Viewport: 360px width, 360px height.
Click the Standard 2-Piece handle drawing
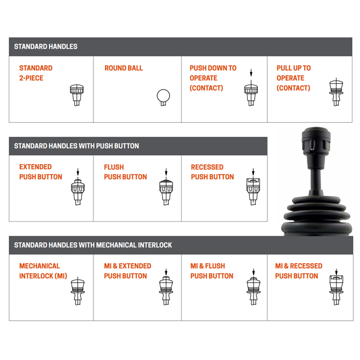pyautogui.click(x=76, y=95)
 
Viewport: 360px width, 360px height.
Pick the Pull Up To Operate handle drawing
pyautogui.click(x=336, y=92)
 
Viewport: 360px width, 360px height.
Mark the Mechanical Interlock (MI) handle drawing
pyautogui.click(x=78, y=291)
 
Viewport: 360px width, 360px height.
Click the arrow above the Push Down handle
pyautogui.click(x=251, y=72)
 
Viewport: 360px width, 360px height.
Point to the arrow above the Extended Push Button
pyautogui.click(x=78, y=172)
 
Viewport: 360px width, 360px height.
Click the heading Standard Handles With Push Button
pyautogui.click(x=76, y=146)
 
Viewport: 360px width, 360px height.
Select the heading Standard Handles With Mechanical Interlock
pyautogui.click(x=93, y=245)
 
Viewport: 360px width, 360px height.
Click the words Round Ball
pyautogui.click(x=123, y=68)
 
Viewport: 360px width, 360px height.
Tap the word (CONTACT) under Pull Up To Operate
pyautogui.click(x=293, y=88)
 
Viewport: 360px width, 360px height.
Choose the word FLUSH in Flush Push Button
pyautogui.click(x=114, y=167)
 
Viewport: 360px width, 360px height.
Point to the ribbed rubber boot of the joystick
pyautogui.click(x=317, y=216)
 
